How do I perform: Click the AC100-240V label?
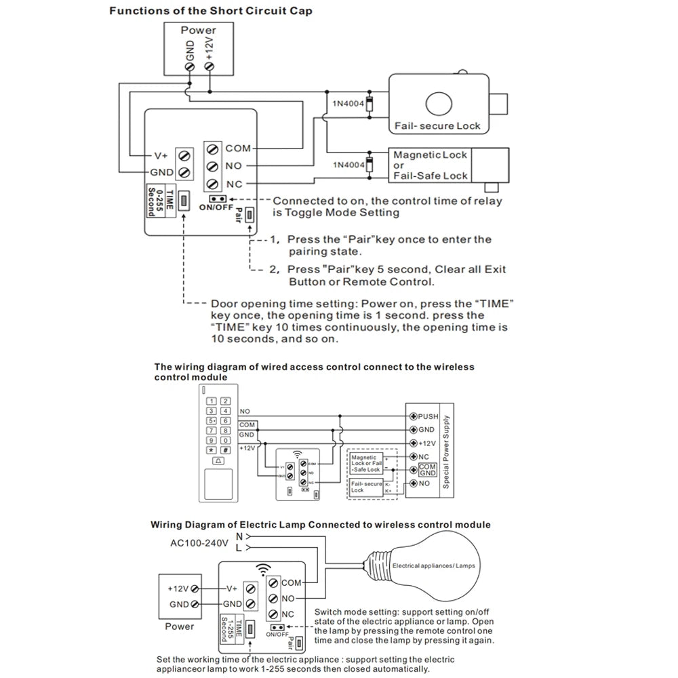[x=199, y=543]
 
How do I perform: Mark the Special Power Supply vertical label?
[x=446, y=450]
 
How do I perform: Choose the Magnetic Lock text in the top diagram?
[x=431, y=155]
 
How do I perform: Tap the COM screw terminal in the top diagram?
[x=213, y=148]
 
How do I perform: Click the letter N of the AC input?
[x=239, y=536]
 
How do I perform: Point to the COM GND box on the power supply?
[x=427, y=469]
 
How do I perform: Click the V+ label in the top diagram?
[x=161, y=155]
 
